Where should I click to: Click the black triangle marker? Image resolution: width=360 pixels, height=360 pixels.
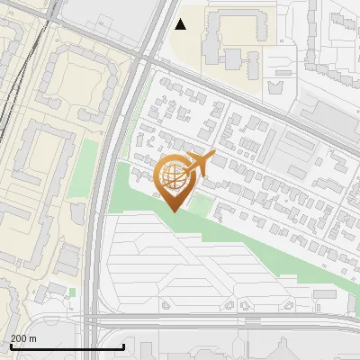(181, 24)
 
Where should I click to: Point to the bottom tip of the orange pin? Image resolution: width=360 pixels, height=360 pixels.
(174, 211)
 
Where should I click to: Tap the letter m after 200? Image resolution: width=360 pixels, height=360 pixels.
(32, 338)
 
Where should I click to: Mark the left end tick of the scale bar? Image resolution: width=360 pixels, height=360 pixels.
(10, 346)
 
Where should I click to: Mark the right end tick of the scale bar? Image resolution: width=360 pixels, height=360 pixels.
(123, 346)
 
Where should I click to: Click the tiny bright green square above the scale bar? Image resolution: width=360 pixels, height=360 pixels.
(71, 291)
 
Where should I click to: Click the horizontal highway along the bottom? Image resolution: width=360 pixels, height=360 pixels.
(225, 320)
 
